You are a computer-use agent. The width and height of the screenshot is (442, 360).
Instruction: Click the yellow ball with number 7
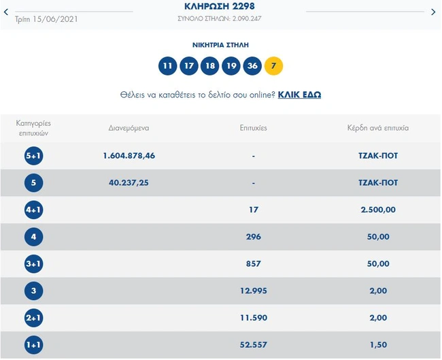click(273, 66)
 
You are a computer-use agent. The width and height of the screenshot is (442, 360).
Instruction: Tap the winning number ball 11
click(167, 66)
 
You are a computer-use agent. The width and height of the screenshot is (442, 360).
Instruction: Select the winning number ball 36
click(252, 66)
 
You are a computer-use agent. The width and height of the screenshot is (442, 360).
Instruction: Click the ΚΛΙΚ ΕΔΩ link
click(299, 95)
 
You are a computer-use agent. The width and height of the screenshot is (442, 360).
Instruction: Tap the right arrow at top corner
click(434, 12)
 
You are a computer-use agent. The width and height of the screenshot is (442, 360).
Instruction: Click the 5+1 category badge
click(33, 156)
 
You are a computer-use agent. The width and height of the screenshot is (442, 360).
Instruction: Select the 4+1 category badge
click(33, 210)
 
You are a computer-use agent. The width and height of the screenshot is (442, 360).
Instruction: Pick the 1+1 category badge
click(33, 345)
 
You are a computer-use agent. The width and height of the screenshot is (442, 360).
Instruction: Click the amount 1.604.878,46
click(129, 156)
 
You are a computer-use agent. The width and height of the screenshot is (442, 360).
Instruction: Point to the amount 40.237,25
click(129, 182)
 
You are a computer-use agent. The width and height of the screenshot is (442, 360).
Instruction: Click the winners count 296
click(254, 237)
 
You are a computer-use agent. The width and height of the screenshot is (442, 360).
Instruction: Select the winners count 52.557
click(254, 345)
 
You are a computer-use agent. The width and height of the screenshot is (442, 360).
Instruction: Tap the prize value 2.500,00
click(378, 210)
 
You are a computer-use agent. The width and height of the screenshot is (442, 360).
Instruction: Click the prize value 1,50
click(378, 345)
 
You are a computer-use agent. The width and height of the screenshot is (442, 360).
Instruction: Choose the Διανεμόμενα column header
click(129, 128)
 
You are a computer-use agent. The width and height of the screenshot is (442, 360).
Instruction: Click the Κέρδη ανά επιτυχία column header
click(378, 128)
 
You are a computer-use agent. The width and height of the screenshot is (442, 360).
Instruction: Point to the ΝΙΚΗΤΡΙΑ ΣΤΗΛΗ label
click(220, 45)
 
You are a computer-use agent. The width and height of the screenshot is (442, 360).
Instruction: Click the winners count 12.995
click(254, 291)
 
